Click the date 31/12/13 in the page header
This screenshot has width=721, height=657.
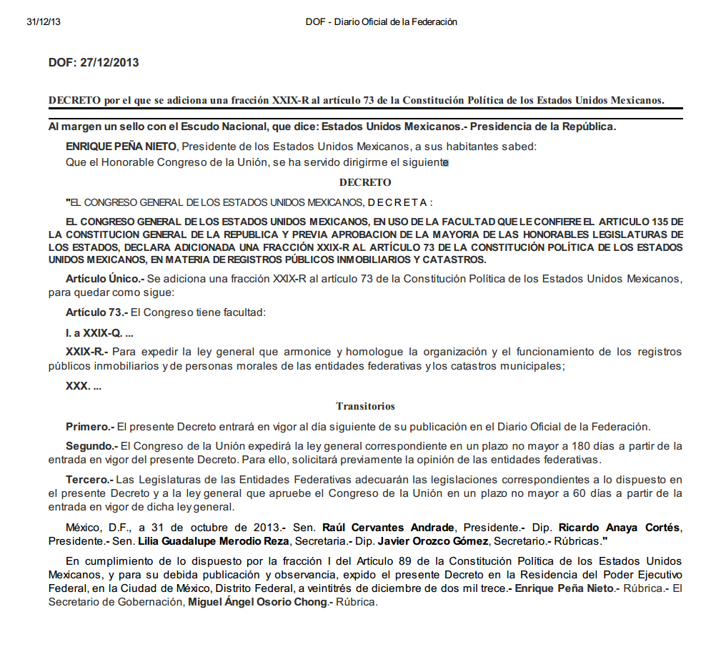point(44,22)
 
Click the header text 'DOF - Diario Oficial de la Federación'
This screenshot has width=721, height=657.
point(381,22)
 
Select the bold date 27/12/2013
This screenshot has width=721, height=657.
point(109,63)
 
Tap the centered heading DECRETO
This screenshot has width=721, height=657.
point(365,182)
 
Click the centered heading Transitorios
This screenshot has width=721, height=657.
point(365,406)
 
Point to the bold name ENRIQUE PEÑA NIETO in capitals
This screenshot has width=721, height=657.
point(121,147)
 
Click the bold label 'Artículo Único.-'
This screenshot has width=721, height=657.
point(104,277)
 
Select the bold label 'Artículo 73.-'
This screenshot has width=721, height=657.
point(96,312)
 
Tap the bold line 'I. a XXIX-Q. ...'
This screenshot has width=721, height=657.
point(99,333)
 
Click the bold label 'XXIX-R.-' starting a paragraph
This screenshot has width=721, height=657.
point(86,352)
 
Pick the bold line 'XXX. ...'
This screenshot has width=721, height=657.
point(84,386)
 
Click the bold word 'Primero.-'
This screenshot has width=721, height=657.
point(90,427)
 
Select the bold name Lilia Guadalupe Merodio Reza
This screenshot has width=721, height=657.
point(214,540)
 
